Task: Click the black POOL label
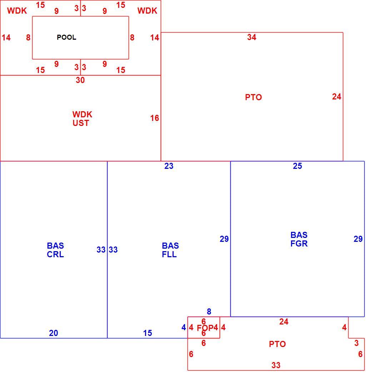coord(66,38)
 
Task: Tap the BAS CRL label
coord(55,250)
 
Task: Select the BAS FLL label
coord(170,250)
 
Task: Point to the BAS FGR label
coord(299,239)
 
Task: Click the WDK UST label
coord(82,119)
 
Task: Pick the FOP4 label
coord(207,328)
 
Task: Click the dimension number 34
coord(252,37)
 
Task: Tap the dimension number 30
coord(80,80)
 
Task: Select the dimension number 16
coord(155,118)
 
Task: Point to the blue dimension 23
coord(169,166)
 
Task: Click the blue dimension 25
coord(297,166)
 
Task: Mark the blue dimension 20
coord(53,333)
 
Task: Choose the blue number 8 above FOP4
coord(209,312)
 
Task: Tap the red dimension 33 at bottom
coord(276,365)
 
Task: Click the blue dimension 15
coord(147,333)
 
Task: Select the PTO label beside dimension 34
coord(254,97)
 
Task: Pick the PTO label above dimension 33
coord(277,344)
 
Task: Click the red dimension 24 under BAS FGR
coord(284,322)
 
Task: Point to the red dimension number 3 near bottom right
coord(356,343)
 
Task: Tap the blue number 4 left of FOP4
coord(184,327)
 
